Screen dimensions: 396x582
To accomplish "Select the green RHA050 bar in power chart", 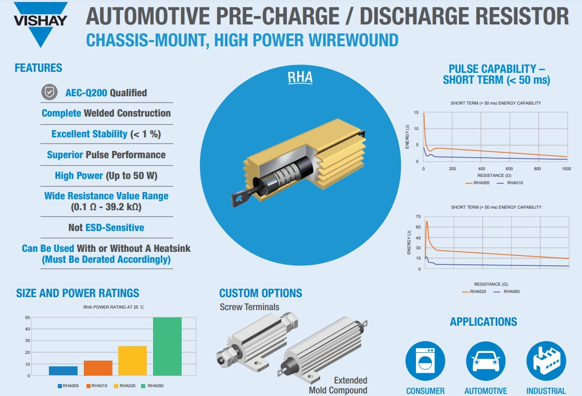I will coord(167,346).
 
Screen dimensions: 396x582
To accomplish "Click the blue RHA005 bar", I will coord(63,371).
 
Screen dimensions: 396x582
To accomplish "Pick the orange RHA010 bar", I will coord(98,367).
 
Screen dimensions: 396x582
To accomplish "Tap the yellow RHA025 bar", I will coord(133,360).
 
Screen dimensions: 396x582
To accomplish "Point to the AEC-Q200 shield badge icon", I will coord(49,93).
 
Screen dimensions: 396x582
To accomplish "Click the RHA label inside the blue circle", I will coord(300,78).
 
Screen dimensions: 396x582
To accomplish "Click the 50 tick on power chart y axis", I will coord(27,317).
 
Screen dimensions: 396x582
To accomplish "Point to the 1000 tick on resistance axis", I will coord(566,169).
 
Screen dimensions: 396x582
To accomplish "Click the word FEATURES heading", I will coord(38,68).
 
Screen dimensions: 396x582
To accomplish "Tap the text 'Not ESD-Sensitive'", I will coord(106,227).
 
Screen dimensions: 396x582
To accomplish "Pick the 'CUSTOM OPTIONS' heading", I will coord(260,293).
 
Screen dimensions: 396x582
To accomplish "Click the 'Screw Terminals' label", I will coord(249,306).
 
